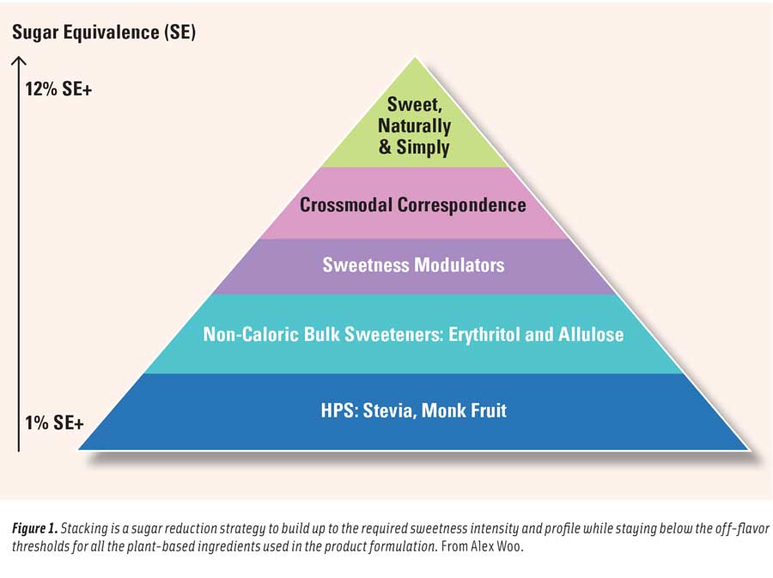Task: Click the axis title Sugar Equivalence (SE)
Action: pyautogui.click(x=104, y=33)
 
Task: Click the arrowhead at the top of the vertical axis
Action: pyautogui.click(x=19, y=61)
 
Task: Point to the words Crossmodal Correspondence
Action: pyautogui.click(x=412, y=205)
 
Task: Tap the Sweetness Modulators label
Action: pyautogui.click(x=413, y=265)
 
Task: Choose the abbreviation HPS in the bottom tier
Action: pyautogui.click(x=336, y=411)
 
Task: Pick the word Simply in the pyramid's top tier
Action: pyautogui.click(x=423, y=147)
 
